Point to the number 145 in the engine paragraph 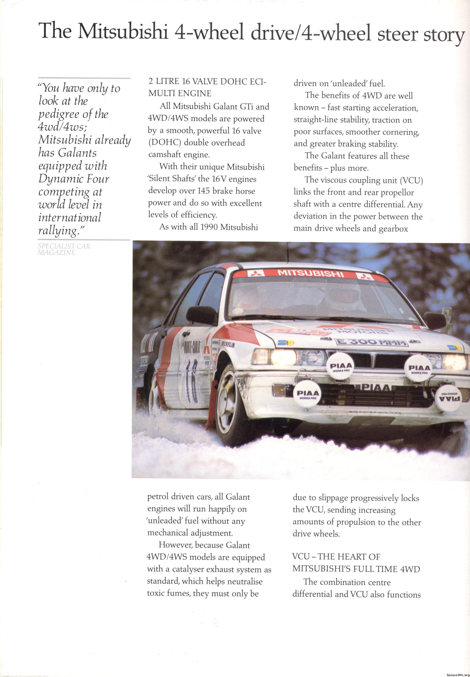pyautogui.click(x=203, y=191)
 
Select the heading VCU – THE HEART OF pyautogui.click(x=336, y=557)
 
